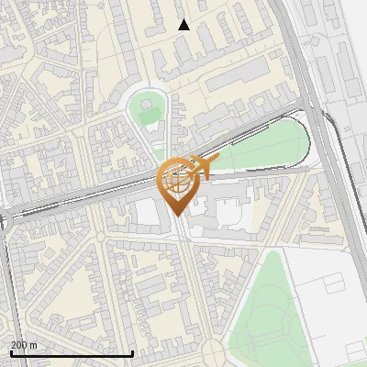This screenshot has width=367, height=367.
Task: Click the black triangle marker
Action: [183, 25]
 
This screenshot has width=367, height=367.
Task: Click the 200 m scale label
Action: [24, 344]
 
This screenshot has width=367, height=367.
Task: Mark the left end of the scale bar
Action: [11, 353]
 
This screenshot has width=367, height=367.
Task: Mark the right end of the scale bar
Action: [133, 353]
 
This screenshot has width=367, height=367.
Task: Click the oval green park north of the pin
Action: [148, 110]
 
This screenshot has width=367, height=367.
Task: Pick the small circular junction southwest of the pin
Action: [99, 237]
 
